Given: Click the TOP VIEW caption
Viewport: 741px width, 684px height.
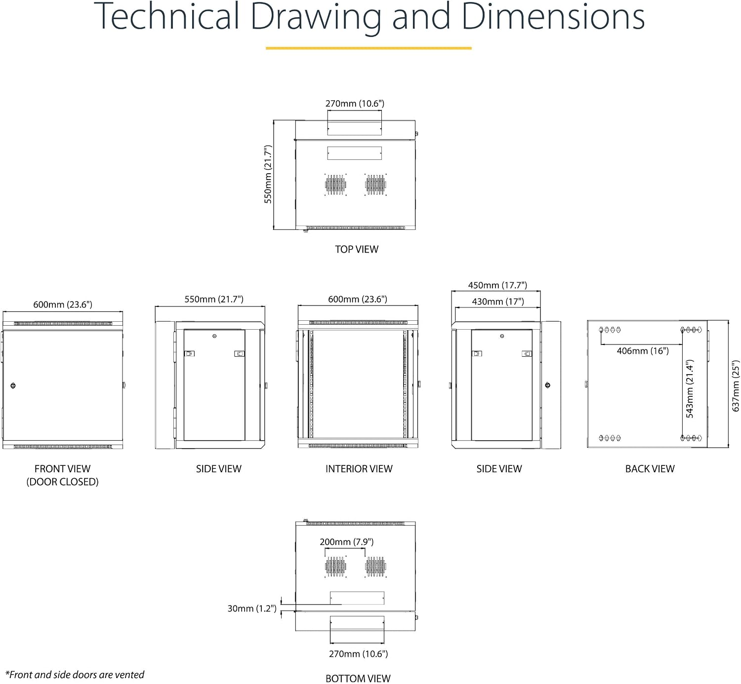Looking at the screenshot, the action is [356, 249].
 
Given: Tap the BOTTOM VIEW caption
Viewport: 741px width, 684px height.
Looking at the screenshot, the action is [358, 679].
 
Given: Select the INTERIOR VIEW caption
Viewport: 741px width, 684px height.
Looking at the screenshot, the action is [359, 468].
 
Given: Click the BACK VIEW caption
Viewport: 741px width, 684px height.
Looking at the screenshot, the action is [650, 468].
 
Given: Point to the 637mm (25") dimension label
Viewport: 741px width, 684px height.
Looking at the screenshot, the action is [735, 386].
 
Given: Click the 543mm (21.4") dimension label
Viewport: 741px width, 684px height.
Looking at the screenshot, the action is [689, 388].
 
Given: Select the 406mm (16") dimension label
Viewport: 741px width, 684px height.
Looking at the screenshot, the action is [643, 351].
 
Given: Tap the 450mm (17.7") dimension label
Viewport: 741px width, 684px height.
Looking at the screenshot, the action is [497, 285].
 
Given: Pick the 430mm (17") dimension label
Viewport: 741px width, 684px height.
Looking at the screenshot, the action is [498, 301].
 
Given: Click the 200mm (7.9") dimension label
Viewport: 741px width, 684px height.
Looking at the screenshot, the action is [346, 541].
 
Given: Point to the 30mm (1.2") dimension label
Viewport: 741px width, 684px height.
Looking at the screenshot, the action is [252, 608].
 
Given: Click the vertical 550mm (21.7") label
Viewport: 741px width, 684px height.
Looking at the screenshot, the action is [268, 174].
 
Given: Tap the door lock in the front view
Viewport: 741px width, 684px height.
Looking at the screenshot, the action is [13, 385].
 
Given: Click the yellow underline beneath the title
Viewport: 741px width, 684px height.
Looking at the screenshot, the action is [369, 48].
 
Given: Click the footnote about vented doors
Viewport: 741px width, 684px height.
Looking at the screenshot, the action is [75, 674].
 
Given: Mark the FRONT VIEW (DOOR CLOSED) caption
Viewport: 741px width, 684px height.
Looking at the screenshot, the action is [62, 475].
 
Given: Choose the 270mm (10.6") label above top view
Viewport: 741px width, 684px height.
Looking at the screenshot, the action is [355, 103].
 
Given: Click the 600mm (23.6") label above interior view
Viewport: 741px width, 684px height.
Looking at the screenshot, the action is [358, 299].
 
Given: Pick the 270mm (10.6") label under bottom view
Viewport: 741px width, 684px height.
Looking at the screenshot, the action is [358, 653].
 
